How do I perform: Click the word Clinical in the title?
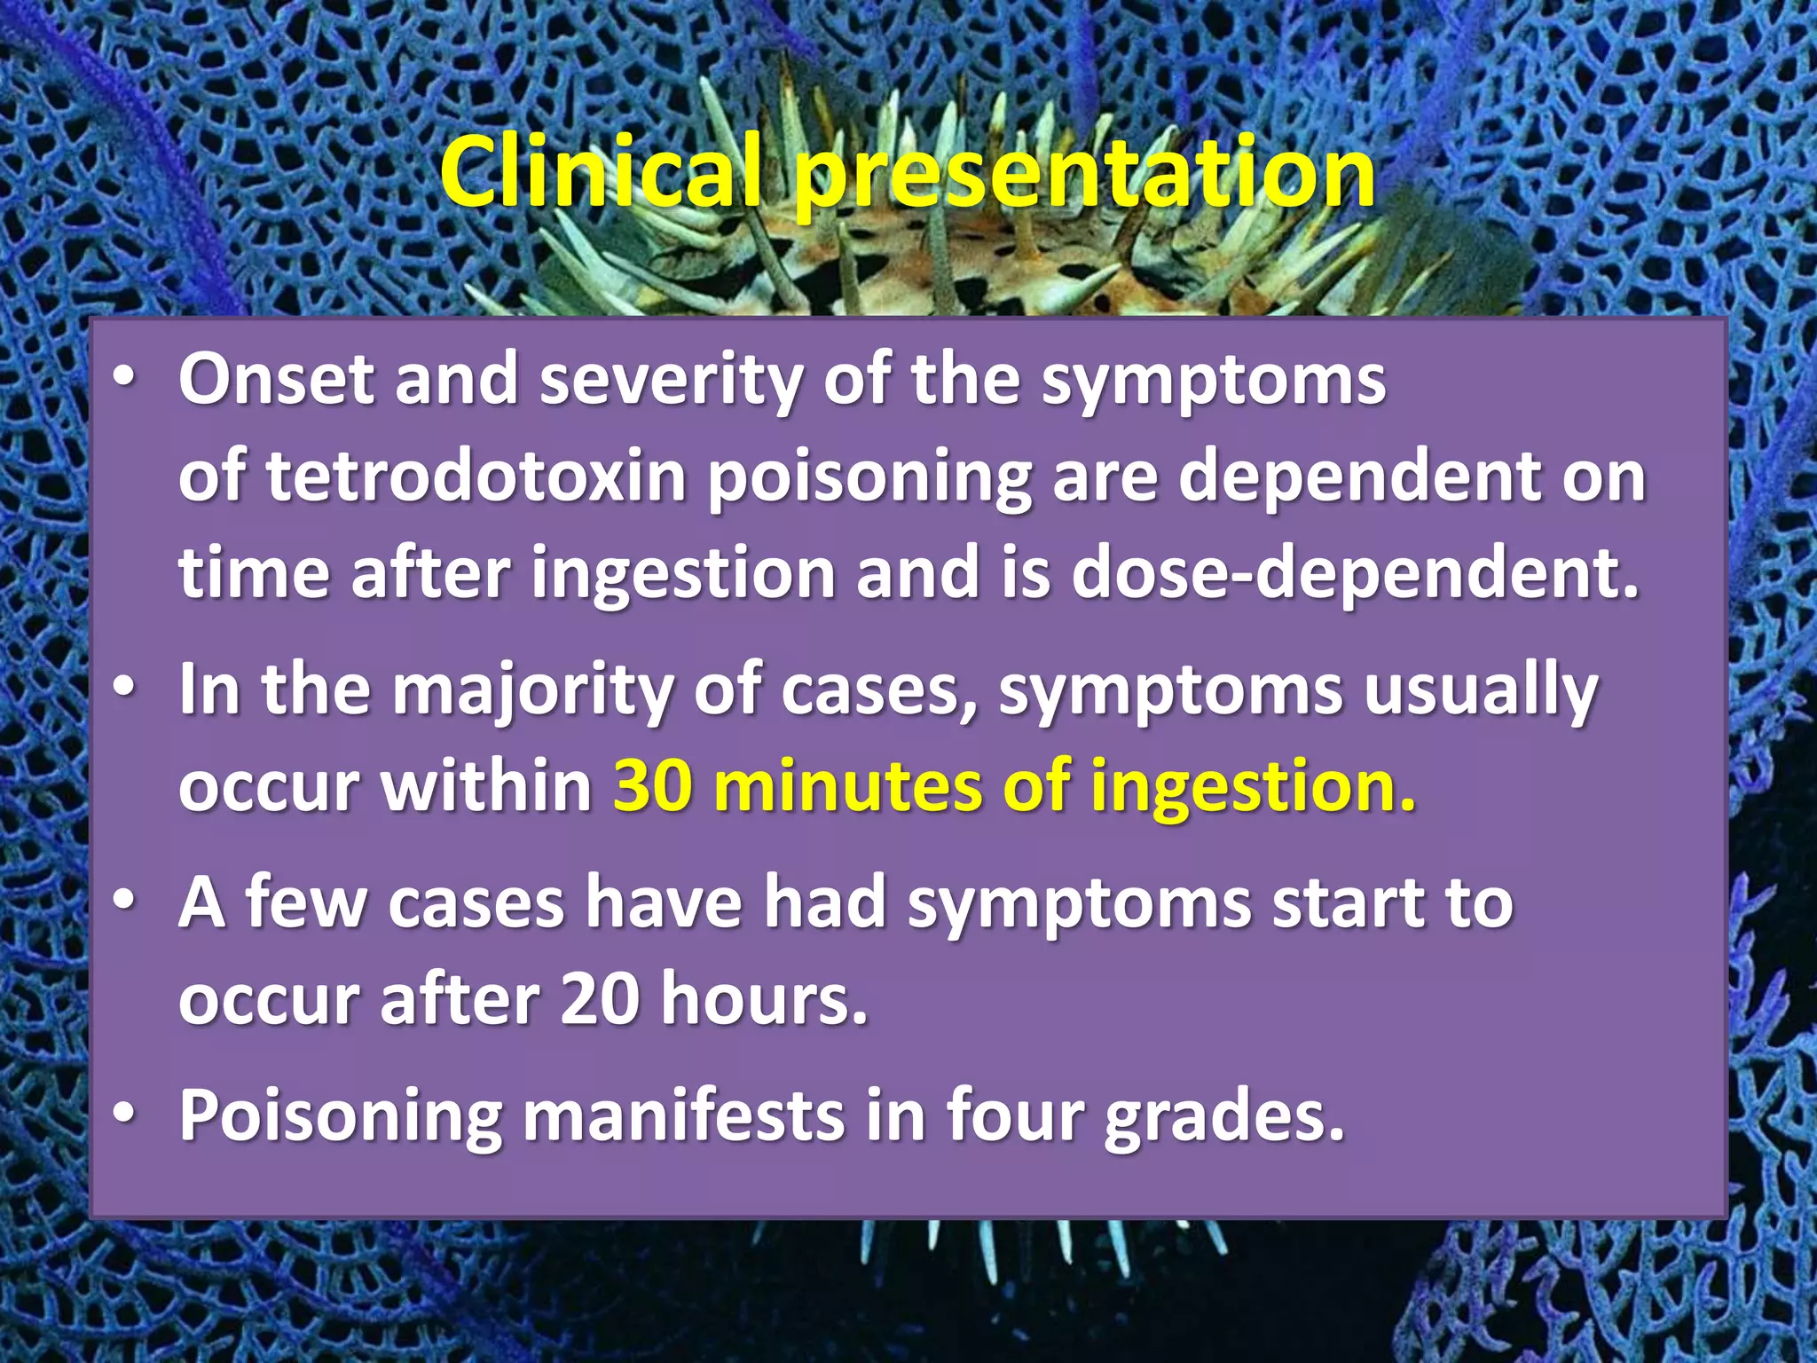(x=601, y=171)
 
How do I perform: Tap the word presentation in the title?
(x=1084, y=175)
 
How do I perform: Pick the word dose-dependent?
(x=1355, y=573)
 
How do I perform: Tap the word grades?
(x=1224, y=1116)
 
